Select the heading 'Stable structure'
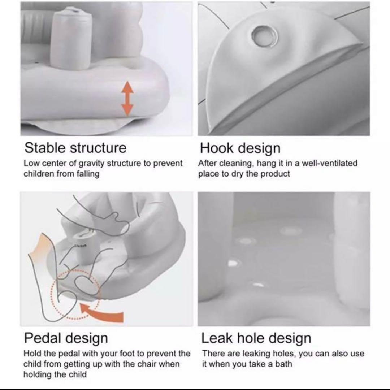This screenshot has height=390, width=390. (75, 147)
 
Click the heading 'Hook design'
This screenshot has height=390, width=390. (240, 148)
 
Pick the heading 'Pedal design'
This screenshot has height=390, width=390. (66, 338)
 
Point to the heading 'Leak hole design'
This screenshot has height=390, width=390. (256, 338)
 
